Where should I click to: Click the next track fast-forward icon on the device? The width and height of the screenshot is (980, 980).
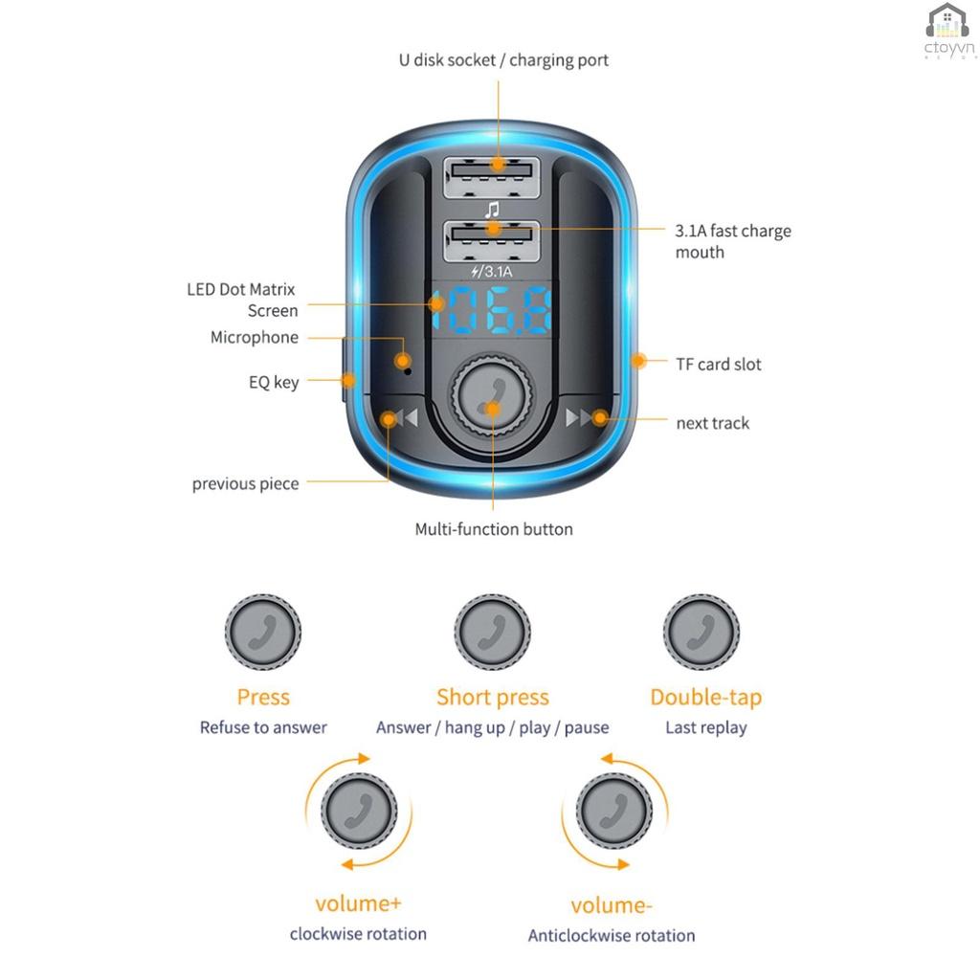[581, 418]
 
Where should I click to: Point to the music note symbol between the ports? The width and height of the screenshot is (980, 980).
[492, 208]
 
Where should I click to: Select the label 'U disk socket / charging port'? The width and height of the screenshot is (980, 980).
[503, 60]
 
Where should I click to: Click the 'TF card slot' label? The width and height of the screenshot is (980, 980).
[719, 364]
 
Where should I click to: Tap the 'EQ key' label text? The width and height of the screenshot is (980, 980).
[274, 382]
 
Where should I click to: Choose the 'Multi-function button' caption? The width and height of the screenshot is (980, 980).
[494, 529]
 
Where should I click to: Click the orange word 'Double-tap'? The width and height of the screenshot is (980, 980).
[705, 698]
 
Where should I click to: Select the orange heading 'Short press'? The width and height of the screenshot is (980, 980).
[493, 698]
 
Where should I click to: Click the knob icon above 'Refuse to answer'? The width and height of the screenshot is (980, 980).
[263, 632]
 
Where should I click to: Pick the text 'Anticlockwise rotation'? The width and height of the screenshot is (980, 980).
[612, 935]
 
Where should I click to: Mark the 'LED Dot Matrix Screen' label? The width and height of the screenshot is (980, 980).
[243, 300]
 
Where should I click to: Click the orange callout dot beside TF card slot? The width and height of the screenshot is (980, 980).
[637, 362]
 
